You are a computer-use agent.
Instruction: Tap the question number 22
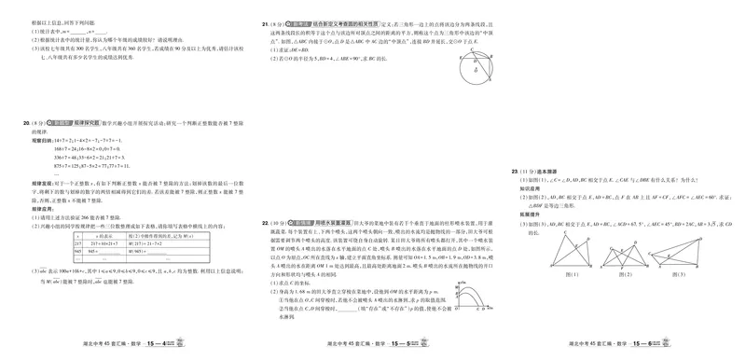(x=266, y=224)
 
